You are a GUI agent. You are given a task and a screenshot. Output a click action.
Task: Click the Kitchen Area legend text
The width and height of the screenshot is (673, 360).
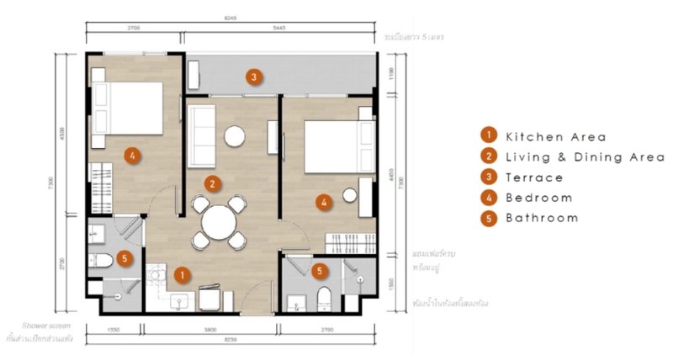coord(555,135)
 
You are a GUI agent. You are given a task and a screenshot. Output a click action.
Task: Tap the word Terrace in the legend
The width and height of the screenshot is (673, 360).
coord(534,177)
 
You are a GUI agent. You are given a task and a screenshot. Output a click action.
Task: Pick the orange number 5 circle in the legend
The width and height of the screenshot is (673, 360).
coord(487,218)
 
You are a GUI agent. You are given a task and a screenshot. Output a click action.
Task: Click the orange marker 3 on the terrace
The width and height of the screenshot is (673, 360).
coord(252,77)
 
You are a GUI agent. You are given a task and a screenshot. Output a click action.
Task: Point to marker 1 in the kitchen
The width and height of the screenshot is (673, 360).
coord(180,273)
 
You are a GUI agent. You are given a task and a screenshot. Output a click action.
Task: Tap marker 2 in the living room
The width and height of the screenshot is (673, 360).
coord(214,182)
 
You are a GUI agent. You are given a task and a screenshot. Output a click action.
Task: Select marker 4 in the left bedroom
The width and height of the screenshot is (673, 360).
coord(131,154)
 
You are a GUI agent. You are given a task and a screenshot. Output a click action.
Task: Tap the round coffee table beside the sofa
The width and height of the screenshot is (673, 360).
coord(234,135)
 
